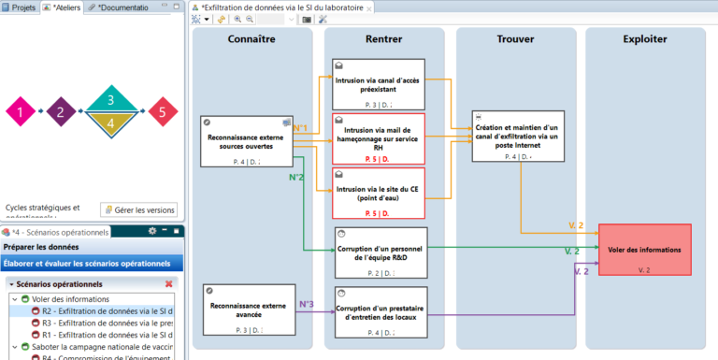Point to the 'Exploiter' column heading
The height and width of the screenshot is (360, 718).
pos(645,39)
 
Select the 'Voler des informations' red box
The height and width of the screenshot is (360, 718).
pos(644,250)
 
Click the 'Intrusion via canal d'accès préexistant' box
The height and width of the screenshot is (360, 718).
pos(379,85)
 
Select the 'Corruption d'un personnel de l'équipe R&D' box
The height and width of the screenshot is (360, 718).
pos(379,251)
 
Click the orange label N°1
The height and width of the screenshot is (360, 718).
pos(300,127)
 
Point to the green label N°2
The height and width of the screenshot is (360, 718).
pos(296,177)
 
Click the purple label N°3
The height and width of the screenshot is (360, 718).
pos(307,304)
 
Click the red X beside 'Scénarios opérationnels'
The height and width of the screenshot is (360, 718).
pos(169,283)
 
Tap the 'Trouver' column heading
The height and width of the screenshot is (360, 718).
pos(515,39)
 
